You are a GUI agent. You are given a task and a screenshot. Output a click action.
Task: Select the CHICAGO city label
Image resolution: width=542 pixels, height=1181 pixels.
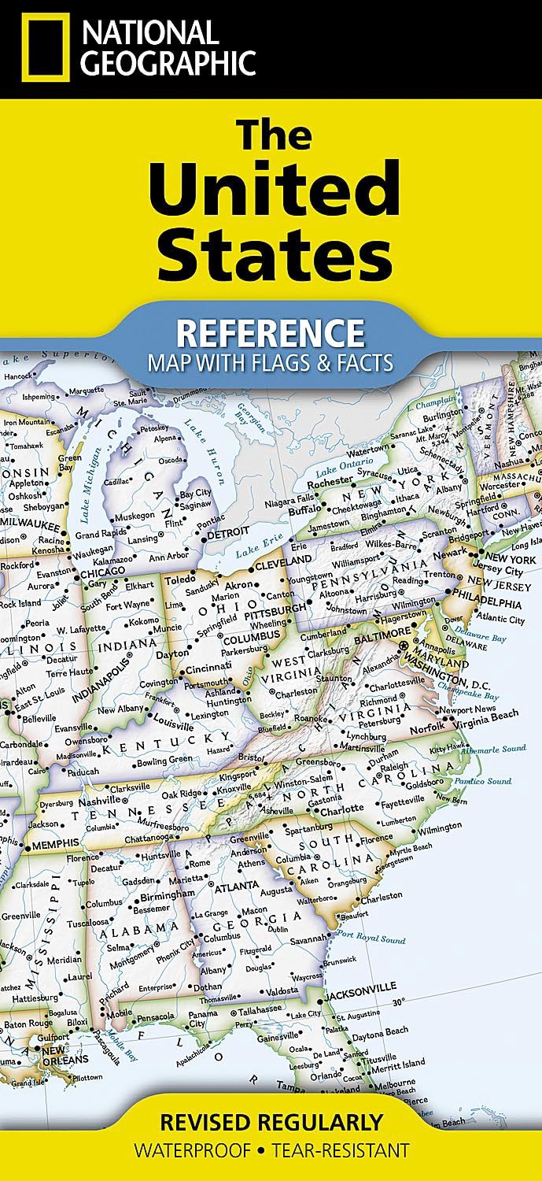103,572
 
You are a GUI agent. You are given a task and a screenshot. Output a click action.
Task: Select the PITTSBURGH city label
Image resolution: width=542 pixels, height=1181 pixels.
275,609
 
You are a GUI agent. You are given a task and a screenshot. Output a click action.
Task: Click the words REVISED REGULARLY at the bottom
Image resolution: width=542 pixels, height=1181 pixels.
271,1120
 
